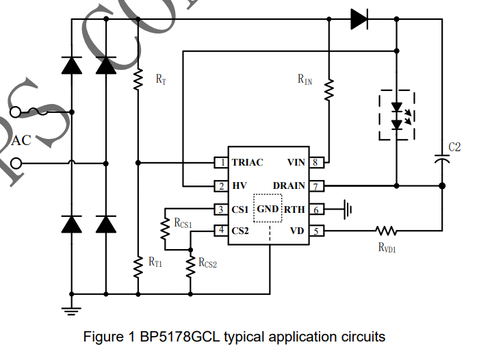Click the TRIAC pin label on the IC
coord(247,163)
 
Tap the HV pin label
coord(239,186)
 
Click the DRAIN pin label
coord(289,186)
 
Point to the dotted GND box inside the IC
coord(268,208)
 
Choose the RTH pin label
coord(295,209)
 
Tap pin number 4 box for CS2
coord(220,231)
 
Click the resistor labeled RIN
coord(329,89)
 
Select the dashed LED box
coord(396,115)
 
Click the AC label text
coord(22,140)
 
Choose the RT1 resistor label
coord(155,261)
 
